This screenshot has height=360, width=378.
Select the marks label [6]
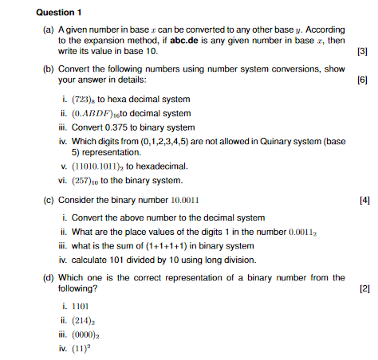point(364,80)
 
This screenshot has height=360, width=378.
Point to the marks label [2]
point(364,288)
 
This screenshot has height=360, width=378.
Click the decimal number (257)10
point(89,180)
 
